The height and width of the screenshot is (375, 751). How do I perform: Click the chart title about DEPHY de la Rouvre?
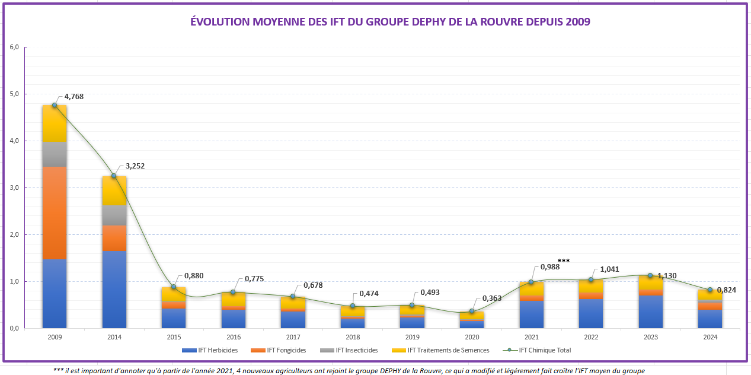click(x=390, y=22)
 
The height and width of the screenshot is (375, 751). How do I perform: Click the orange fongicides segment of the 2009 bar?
click(x=55, y=213)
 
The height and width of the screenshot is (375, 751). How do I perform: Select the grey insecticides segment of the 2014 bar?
click(x=114, y=215)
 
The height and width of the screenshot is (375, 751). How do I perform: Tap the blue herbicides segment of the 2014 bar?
click(x=114, y=290)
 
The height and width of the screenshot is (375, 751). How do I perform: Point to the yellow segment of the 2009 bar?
click(x=55, y=123)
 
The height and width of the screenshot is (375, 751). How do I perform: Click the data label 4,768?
click(x=74, y=96)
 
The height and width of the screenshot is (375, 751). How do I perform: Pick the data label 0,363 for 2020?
click(x=491, y=298)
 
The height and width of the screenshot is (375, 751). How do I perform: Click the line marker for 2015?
click(x=174, y=287)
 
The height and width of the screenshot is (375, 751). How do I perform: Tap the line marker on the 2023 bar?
click(x=650, y=275)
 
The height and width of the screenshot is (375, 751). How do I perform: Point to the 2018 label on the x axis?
click(x=353, y=337)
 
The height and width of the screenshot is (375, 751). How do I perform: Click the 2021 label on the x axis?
click(x=531, y=337)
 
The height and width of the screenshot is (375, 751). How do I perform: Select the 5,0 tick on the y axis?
click(x=14, y=94)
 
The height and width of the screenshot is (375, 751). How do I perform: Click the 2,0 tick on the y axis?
click(x=14, y=235)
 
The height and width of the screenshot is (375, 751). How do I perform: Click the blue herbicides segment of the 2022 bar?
click(x=591, y=313)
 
